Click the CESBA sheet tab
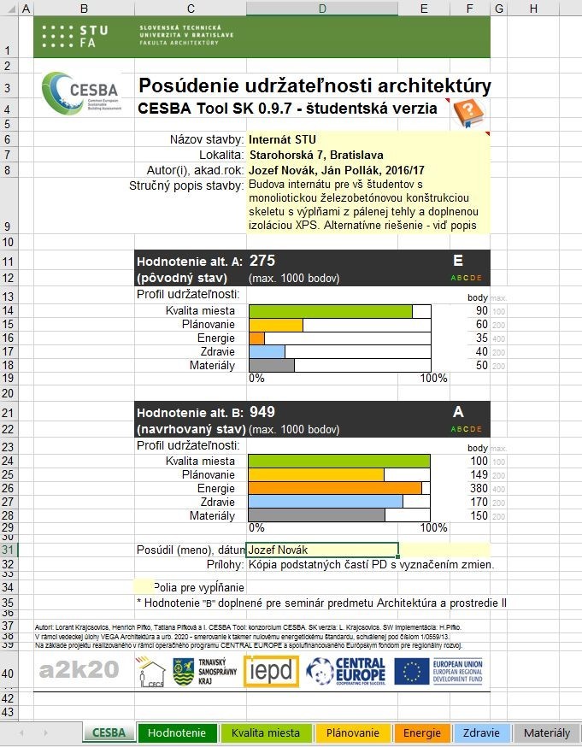[109, 732]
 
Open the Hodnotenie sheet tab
[177, 732]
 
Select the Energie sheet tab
[422, 732]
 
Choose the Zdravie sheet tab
[481, 732]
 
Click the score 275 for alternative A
[262, 261]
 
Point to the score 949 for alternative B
[262, 412]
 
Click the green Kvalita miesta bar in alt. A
[330, 311]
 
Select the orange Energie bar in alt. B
[334, 488]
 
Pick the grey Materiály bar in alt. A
[271, 366]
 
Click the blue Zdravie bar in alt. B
[325, 502]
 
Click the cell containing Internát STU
[278, 139]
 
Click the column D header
[321, 9]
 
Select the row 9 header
[16, 226]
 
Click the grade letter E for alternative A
[458, 261]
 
